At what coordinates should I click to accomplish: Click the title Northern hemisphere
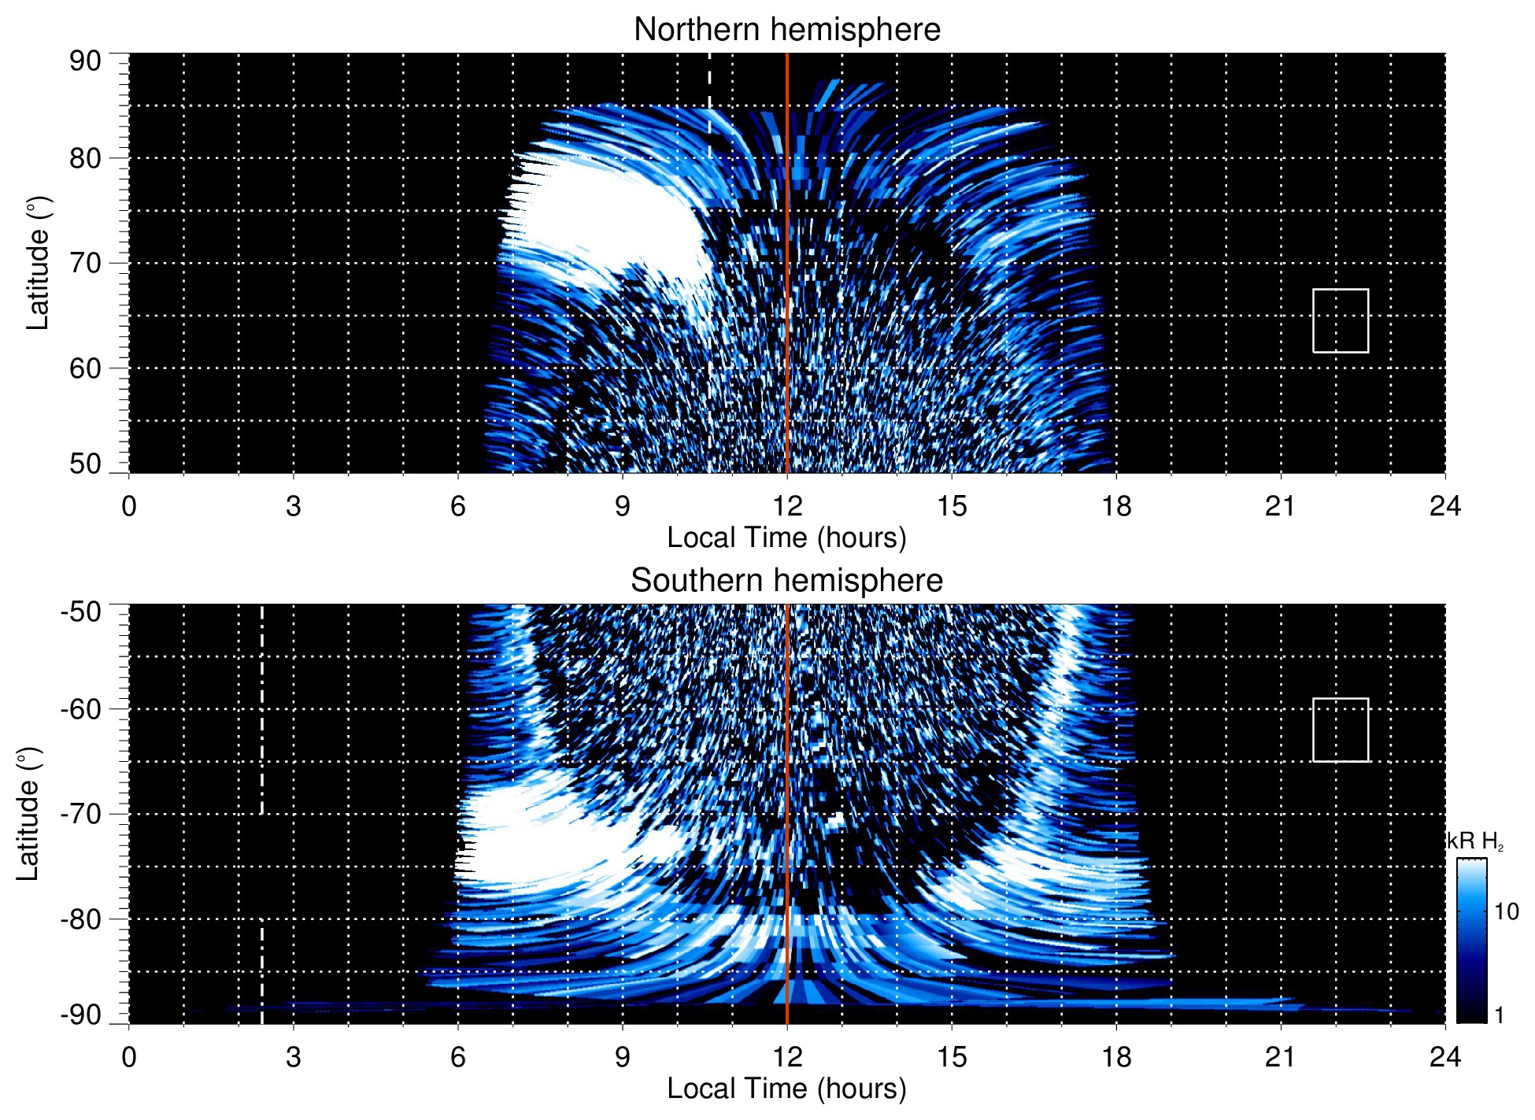(786, 30)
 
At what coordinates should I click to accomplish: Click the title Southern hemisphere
(786, 581)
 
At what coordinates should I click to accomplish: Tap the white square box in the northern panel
(1340, 320)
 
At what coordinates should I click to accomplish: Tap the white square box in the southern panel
(1340, 730)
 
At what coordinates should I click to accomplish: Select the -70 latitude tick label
(81, 814)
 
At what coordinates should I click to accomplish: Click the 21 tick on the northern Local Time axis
(1280, 506)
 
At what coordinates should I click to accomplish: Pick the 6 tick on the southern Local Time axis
(458, 1057)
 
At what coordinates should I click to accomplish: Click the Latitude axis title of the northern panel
(38, 263)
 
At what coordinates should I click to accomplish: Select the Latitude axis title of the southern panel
(28, 814)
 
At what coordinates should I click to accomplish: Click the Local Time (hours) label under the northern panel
(786, 538)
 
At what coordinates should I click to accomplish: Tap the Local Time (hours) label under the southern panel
(786, 1089)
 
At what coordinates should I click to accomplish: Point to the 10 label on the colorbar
(1506, 911)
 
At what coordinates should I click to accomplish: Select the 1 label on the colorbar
(1499, 1015)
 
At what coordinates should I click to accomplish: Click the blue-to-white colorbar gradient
(1471, 941)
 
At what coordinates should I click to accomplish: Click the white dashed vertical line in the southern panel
(262, 708)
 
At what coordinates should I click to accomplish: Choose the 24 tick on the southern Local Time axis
(1444, 1057)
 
